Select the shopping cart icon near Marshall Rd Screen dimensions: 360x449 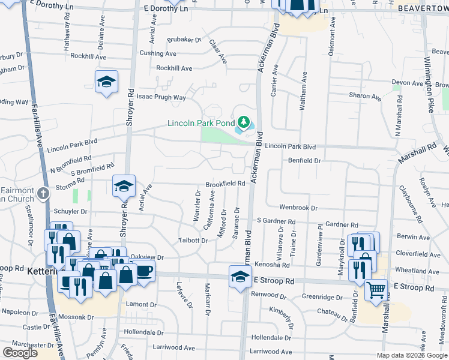pyautogui.click(x=376, y=290)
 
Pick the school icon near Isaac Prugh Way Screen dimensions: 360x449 pyautogui.click(x=106, y=82)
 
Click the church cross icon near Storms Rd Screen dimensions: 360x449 pyautogui.click(x=43, y=194)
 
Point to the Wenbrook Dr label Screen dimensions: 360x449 pyautogui.click(x=298, y=207)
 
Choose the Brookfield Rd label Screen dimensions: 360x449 pyautogui.click(x=226, y=184)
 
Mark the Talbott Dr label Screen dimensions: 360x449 pyautogui.click(x=193, y=241)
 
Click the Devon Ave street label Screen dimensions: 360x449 pyautogui.click(x=408, y=83)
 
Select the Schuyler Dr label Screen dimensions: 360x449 pyautogui.click(x=71, y=212)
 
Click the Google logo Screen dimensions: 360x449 pyautogui.click(x=20, y=353)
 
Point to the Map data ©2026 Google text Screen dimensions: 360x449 pyautogui.click(x=412, y=355)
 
